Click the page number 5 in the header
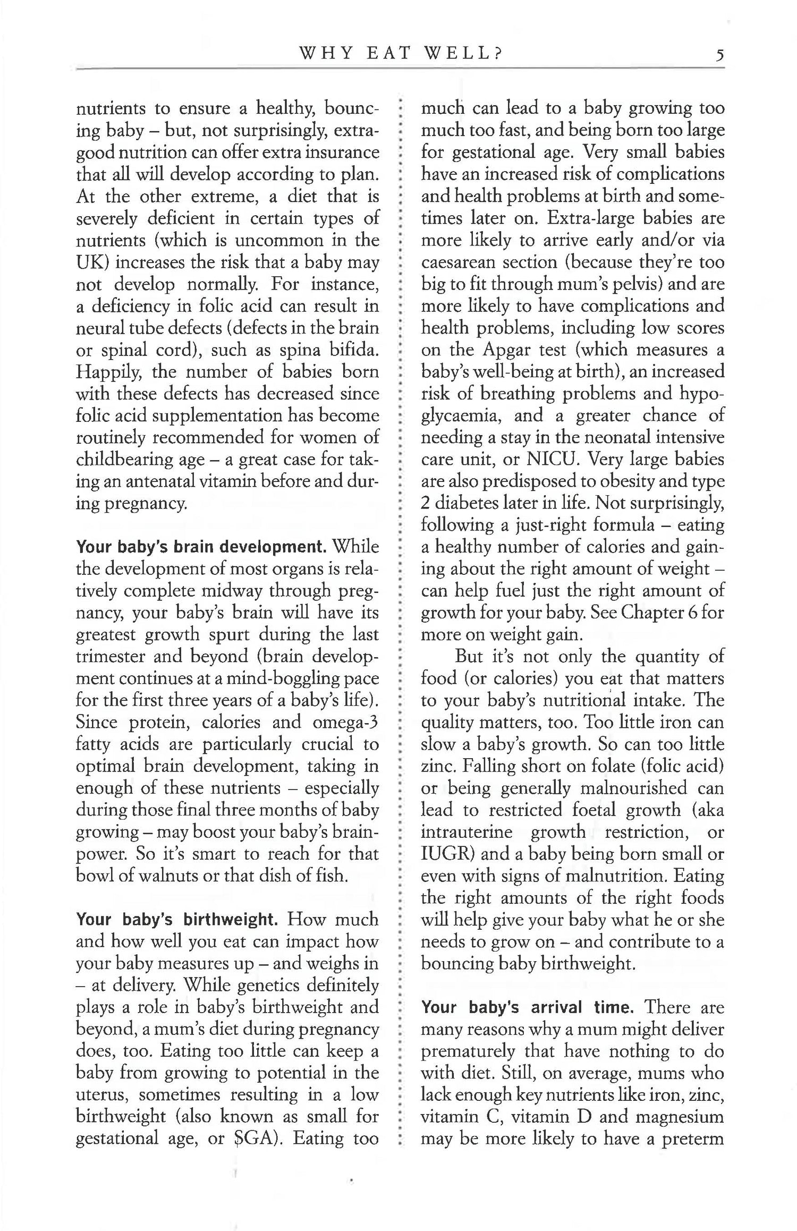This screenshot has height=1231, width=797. point(720,54)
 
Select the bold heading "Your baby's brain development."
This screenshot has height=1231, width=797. point(201,547)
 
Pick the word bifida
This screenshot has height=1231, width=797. point(352,350)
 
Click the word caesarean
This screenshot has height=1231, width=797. point(457,262)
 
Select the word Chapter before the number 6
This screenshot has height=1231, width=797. point(652,613)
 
